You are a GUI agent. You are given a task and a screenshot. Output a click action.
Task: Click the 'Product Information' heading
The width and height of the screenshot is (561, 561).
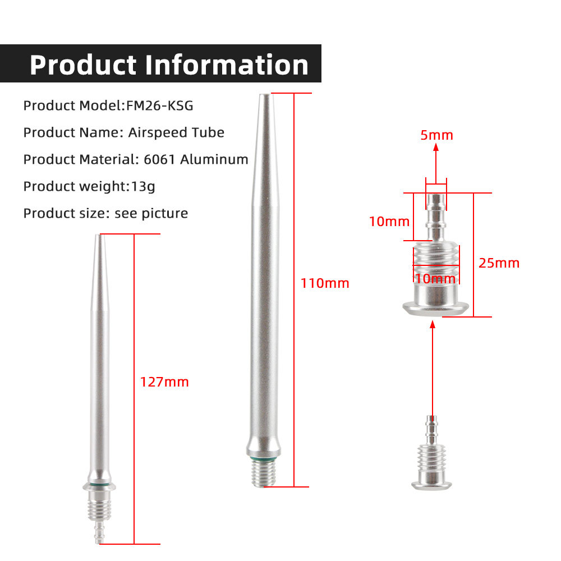(x=169, y=65)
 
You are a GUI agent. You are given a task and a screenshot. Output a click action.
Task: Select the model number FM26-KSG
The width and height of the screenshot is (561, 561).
(x=159, y=105)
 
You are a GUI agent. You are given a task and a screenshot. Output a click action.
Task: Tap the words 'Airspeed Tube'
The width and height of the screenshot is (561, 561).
(x=176, y=132)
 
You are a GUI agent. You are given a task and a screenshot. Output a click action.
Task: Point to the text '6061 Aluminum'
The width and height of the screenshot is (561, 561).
(x=196, y=159)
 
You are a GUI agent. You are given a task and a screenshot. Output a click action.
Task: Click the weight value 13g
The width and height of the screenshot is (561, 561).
(x=142, y=186)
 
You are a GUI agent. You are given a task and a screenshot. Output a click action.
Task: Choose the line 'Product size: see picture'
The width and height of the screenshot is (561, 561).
(x=105, y=213)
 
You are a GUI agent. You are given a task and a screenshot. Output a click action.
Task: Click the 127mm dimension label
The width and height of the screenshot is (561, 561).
(x=164, y=381)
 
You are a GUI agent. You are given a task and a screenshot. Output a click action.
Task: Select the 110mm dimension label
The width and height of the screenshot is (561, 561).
(x=325, y=283)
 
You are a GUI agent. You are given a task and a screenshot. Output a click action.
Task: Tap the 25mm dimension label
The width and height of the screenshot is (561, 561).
(x=499, y=263)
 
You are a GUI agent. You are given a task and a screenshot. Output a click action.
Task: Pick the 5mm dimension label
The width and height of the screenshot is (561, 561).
(x=437, y=135)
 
